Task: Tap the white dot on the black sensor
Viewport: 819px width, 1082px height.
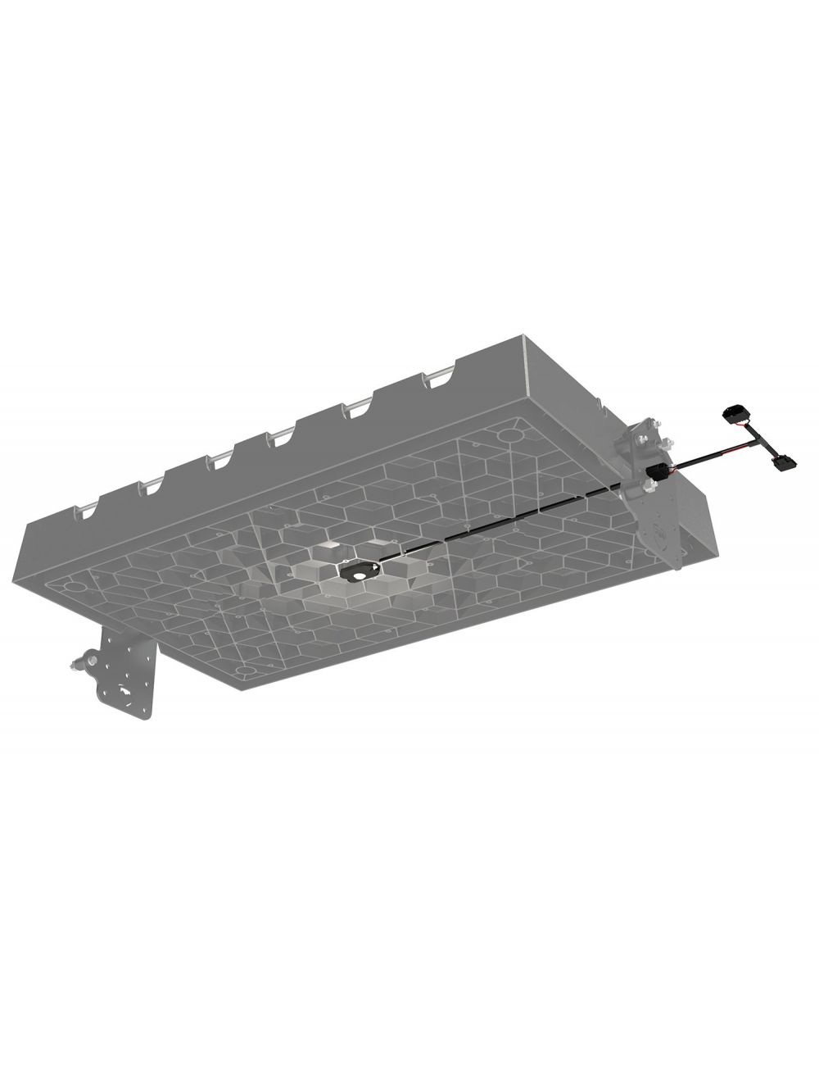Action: pyautogui.click(x=359, y=575)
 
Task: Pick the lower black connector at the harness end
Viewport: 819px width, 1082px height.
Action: pyautogui.click(x=782, y=464)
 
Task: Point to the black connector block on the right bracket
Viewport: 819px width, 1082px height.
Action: pyautogui.click(x=655, y=473)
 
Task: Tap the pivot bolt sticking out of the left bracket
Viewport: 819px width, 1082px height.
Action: pyautogui.click(x=78, y=661)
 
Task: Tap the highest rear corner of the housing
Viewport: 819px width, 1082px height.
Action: pyautogui.click(x=521, y=335)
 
